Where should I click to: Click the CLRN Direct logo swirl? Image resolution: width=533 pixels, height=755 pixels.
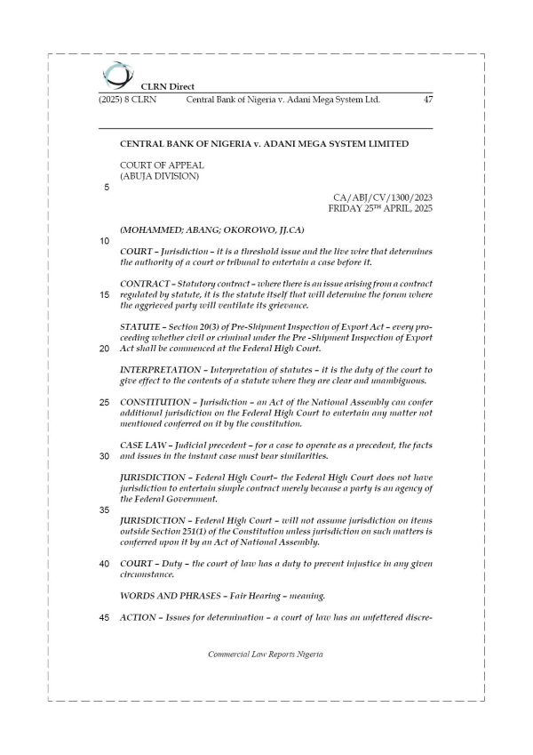pyautogui.click(x=115, y=74)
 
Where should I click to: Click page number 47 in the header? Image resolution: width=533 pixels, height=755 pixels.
pyautogui.click(x=428, y=100)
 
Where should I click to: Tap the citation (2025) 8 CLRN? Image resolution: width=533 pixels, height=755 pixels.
pyautogui.click(x=127, y=100)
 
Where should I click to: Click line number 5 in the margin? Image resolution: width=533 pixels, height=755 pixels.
pyautogui.click(x=107, y=187)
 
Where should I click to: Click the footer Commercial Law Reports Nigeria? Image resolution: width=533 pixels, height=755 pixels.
pyautogui.click(x=266, y=654)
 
